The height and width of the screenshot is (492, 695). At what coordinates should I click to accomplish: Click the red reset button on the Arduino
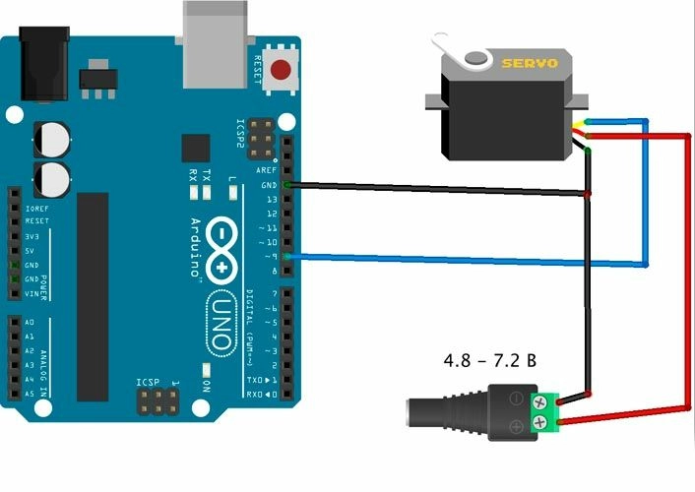[x=283, y=71]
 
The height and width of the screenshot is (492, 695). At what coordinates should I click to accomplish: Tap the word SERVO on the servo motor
[x=531, y=64]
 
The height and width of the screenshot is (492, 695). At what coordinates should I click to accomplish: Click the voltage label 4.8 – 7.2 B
[x=489, y=360]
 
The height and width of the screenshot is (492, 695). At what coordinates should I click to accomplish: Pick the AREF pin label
[x=267, y=171]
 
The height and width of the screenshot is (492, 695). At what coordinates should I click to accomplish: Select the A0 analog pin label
[x=29, y=323]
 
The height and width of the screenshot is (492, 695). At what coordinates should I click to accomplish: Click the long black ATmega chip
[x=92, y=295]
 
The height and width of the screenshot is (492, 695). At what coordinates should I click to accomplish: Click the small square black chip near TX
[x=196, y=148]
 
